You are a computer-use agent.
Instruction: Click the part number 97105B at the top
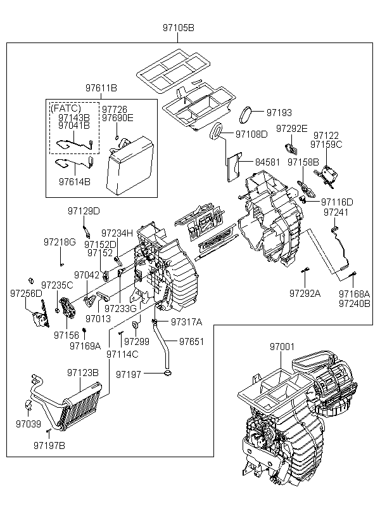tap(178, 28)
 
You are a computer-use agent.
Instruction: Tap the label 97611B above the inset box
tap(101, 88)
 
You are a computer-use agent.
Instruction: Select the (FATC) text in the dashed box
tap(66, 108)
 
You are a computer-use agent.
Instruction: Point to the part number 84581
tap(267, 162)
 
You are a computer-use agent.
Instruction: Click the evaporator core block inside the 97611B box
tap(130, 166)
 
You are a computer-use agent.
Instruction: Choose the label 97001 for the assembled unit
tap(282, 347)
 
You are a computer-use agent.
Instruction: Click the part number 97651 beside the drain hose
tap(191, 342)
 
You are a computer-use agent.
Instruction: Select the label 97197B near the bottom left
tap(49, 446)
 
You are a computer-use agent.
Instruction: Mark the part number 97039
tap(28, 424)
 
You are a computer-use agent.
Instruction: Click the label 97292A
tap(305, 294)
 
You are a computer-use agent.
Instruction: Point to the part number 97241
tap(336, 212)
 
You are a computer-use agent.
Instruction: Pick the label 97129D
tap(84, 211)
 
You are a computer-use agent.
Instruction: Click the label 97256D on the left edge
tap(26, 294)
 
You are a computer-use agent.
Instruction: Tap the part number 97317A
tap(187, 322)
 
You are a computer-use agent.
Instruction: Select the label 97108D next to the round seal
tap(251, 134)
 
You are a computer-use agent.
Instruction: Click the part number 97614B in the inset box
tap(75, 182)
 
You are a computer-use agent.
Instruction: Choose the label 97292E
tap(292, 128)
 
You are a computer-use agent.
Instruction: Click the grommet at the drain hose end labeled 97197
tap(168, 374)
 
